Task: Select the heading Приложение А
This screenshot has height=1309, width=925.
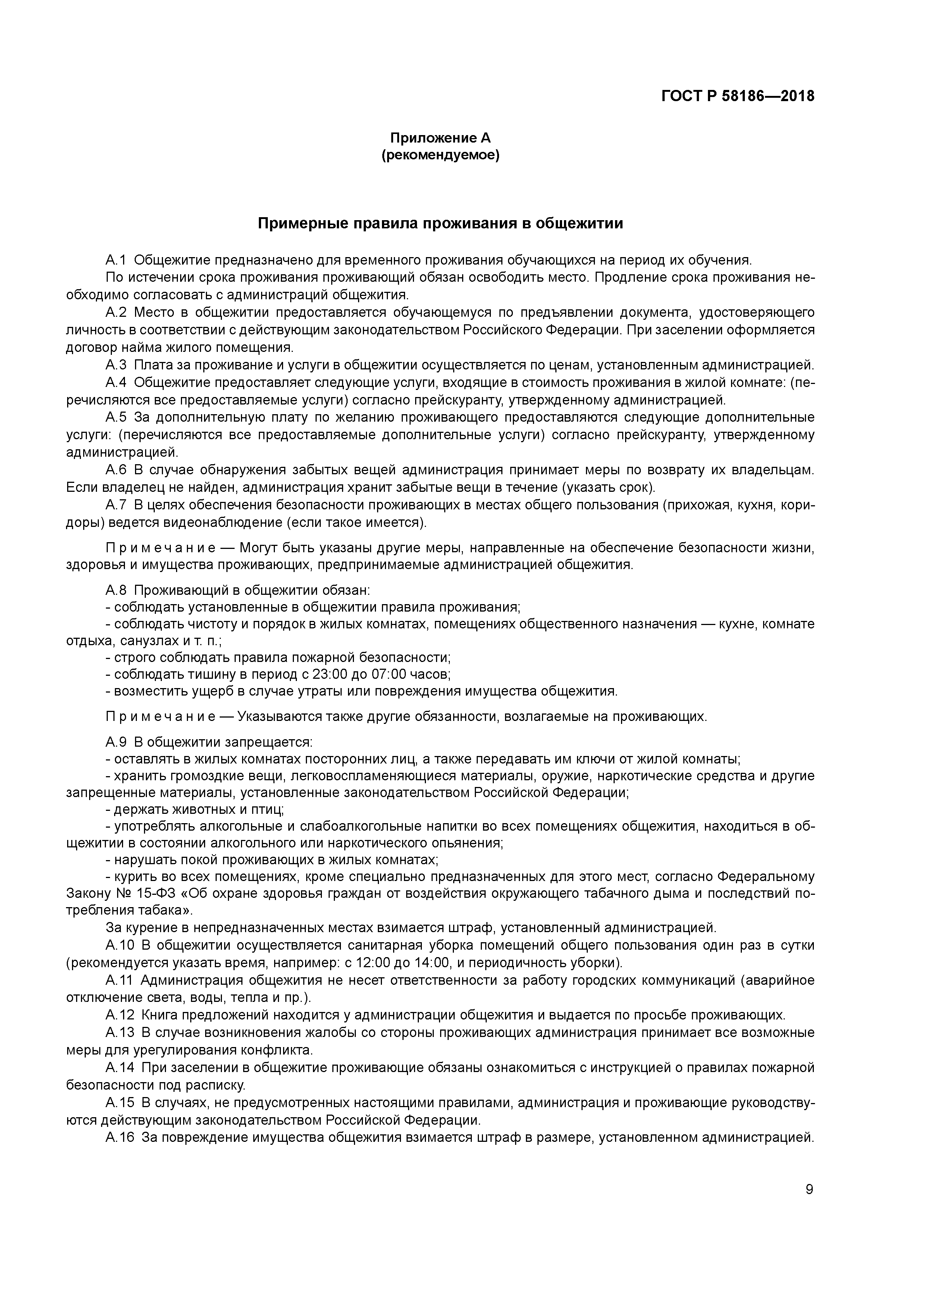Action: [440, 138]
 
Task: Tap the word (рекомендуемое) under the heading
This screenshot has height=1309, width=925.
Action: [440, 155]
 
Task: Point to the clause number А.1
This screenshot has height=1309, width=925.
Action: [116, 260]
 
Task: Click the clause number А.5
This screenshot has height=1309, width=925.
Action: [116, 417]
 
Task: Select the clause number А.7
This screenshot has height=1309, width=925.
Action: [116, 505]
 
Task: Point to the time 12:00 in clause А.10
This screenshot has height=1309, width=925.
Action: [373, 963]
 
